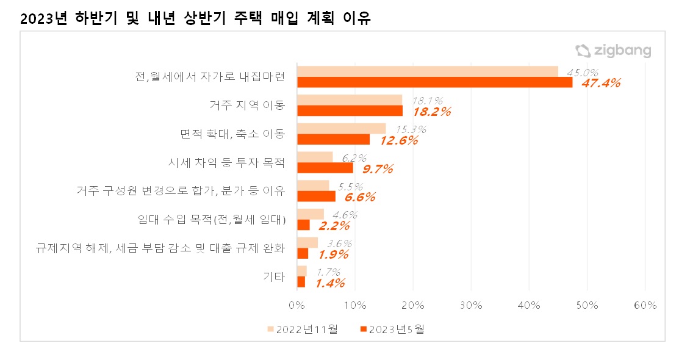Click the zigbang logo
pos(613,51)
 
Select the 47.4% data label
pos(600,83)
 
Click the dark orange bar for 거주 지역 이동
pos(350,110)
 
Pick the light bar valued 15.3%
pos(341,128)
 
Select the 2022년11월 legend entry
pos(303,329)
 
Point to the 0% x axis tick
pos(296,305)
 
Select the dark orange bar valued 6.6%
pos(316,196)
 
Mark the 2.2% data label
pos(334,226)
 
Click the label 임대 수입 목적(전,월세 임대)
pos(213,220)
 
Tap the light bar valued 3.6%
pos(307,243)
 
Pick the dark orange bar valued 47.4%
pos(434,82)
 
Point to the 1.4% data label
pos(330,283)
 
